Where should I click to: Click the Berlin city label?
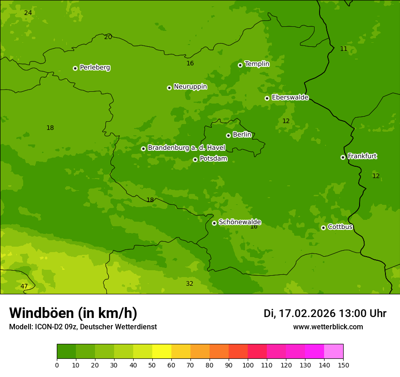pos(242,134)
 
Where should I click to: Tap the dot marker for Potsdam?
pos(195,159)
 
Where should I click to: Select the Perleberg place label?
pos(95,68)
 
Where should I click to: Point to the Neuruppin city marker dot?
pos(169,88)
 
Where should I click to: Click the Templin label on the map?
pos(257,64)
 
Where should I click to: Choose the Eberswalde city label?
pos(290,98)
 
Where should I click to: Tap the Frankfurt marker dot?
pos(343,157)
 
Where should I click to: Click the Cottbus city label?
pos(340,227)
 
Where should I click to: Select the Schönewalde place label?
pos(240,222)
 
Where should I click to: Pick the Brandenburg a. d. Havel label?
pos(186,148)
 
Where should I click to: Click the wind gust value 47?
pos(24,287)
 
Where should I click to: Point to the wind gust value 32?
pos(190,284)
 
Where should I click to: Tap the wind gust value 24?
pos(28,13)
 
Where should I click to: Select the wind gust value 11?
pos(344,49)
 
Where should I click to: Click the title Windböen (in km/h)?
pos(73,313)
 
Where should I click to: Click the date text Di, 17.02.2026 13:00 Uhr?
pos(325,313)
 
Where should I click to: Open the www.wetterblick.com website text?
pos(328,327)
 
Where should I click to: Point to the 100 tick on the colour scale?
pos(248,365)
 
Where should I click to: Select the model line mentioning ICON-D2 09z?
pos(83,327)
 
